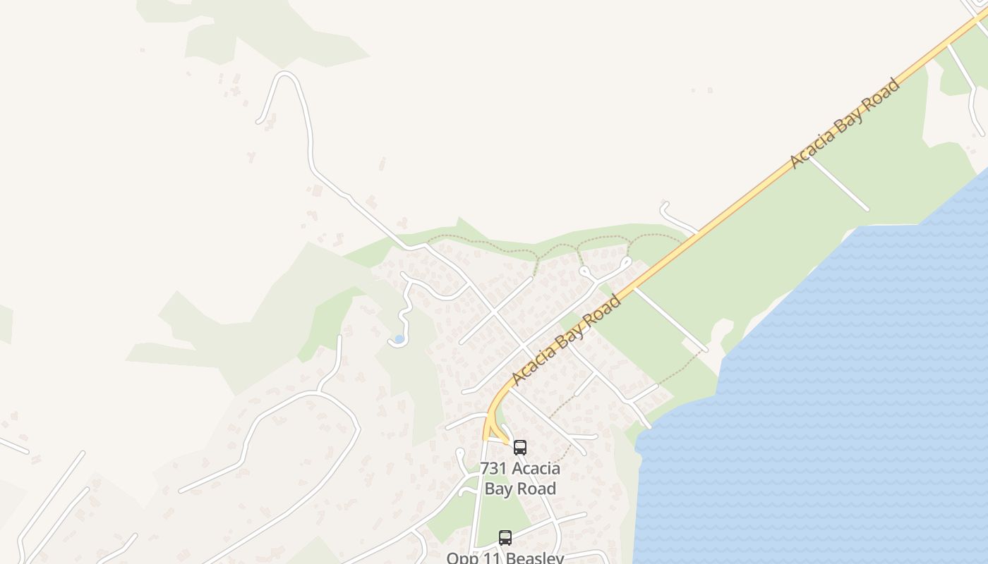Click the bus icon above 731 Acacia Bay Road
pos(520,448)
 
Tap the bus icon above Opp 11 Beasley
pos(505,538)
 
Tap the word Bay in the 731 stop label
pos(500,489)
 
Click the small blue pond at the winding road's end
pos(399,339)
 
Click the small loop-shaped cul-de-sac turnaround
pos(584,271)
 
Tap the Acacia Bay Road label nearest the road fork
pos(565,341)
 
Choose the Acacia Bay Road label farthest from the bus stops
pos(844,124)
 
